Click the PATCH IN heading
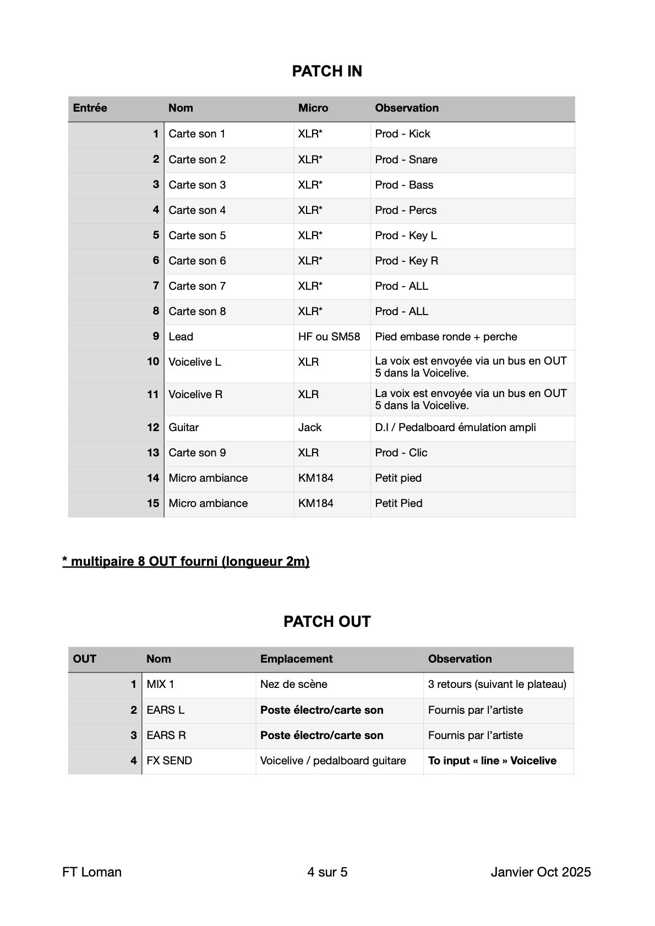click(x=327, y=71)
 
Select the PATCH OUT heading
click(x=327, y=622)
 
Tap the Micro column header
click(x=313, y=108)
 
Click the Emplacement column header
click(x=296, y=659)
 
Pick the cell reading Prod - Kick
click(x=402, y=134)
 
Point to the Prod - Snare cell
click(x=406, y=160)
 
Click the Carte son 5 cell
click(x=197, y=236)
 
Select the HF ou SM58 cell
click(x=329, y=337)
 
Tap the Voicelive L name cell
click(x=195, y=362)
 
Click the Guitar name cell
click(x=184, y=428)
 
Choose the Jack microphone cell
click(x=310, y=428)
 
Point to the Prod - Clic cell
click(x=401, y=453)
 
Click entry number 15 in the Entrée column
click(x=153, y=504)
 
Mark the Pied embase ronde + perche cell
click(x=446, y=337)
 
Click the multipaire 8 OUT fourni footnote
click(x=186, y=562)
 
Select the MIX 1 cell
click(x=160, y=685)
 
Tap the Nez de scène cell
click(x=294, y=685)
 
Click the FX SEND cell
click(x=170, y=761)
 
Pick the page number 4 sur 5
click(x=327, y=872)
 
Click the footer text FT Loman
click(x=92, y=872)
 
